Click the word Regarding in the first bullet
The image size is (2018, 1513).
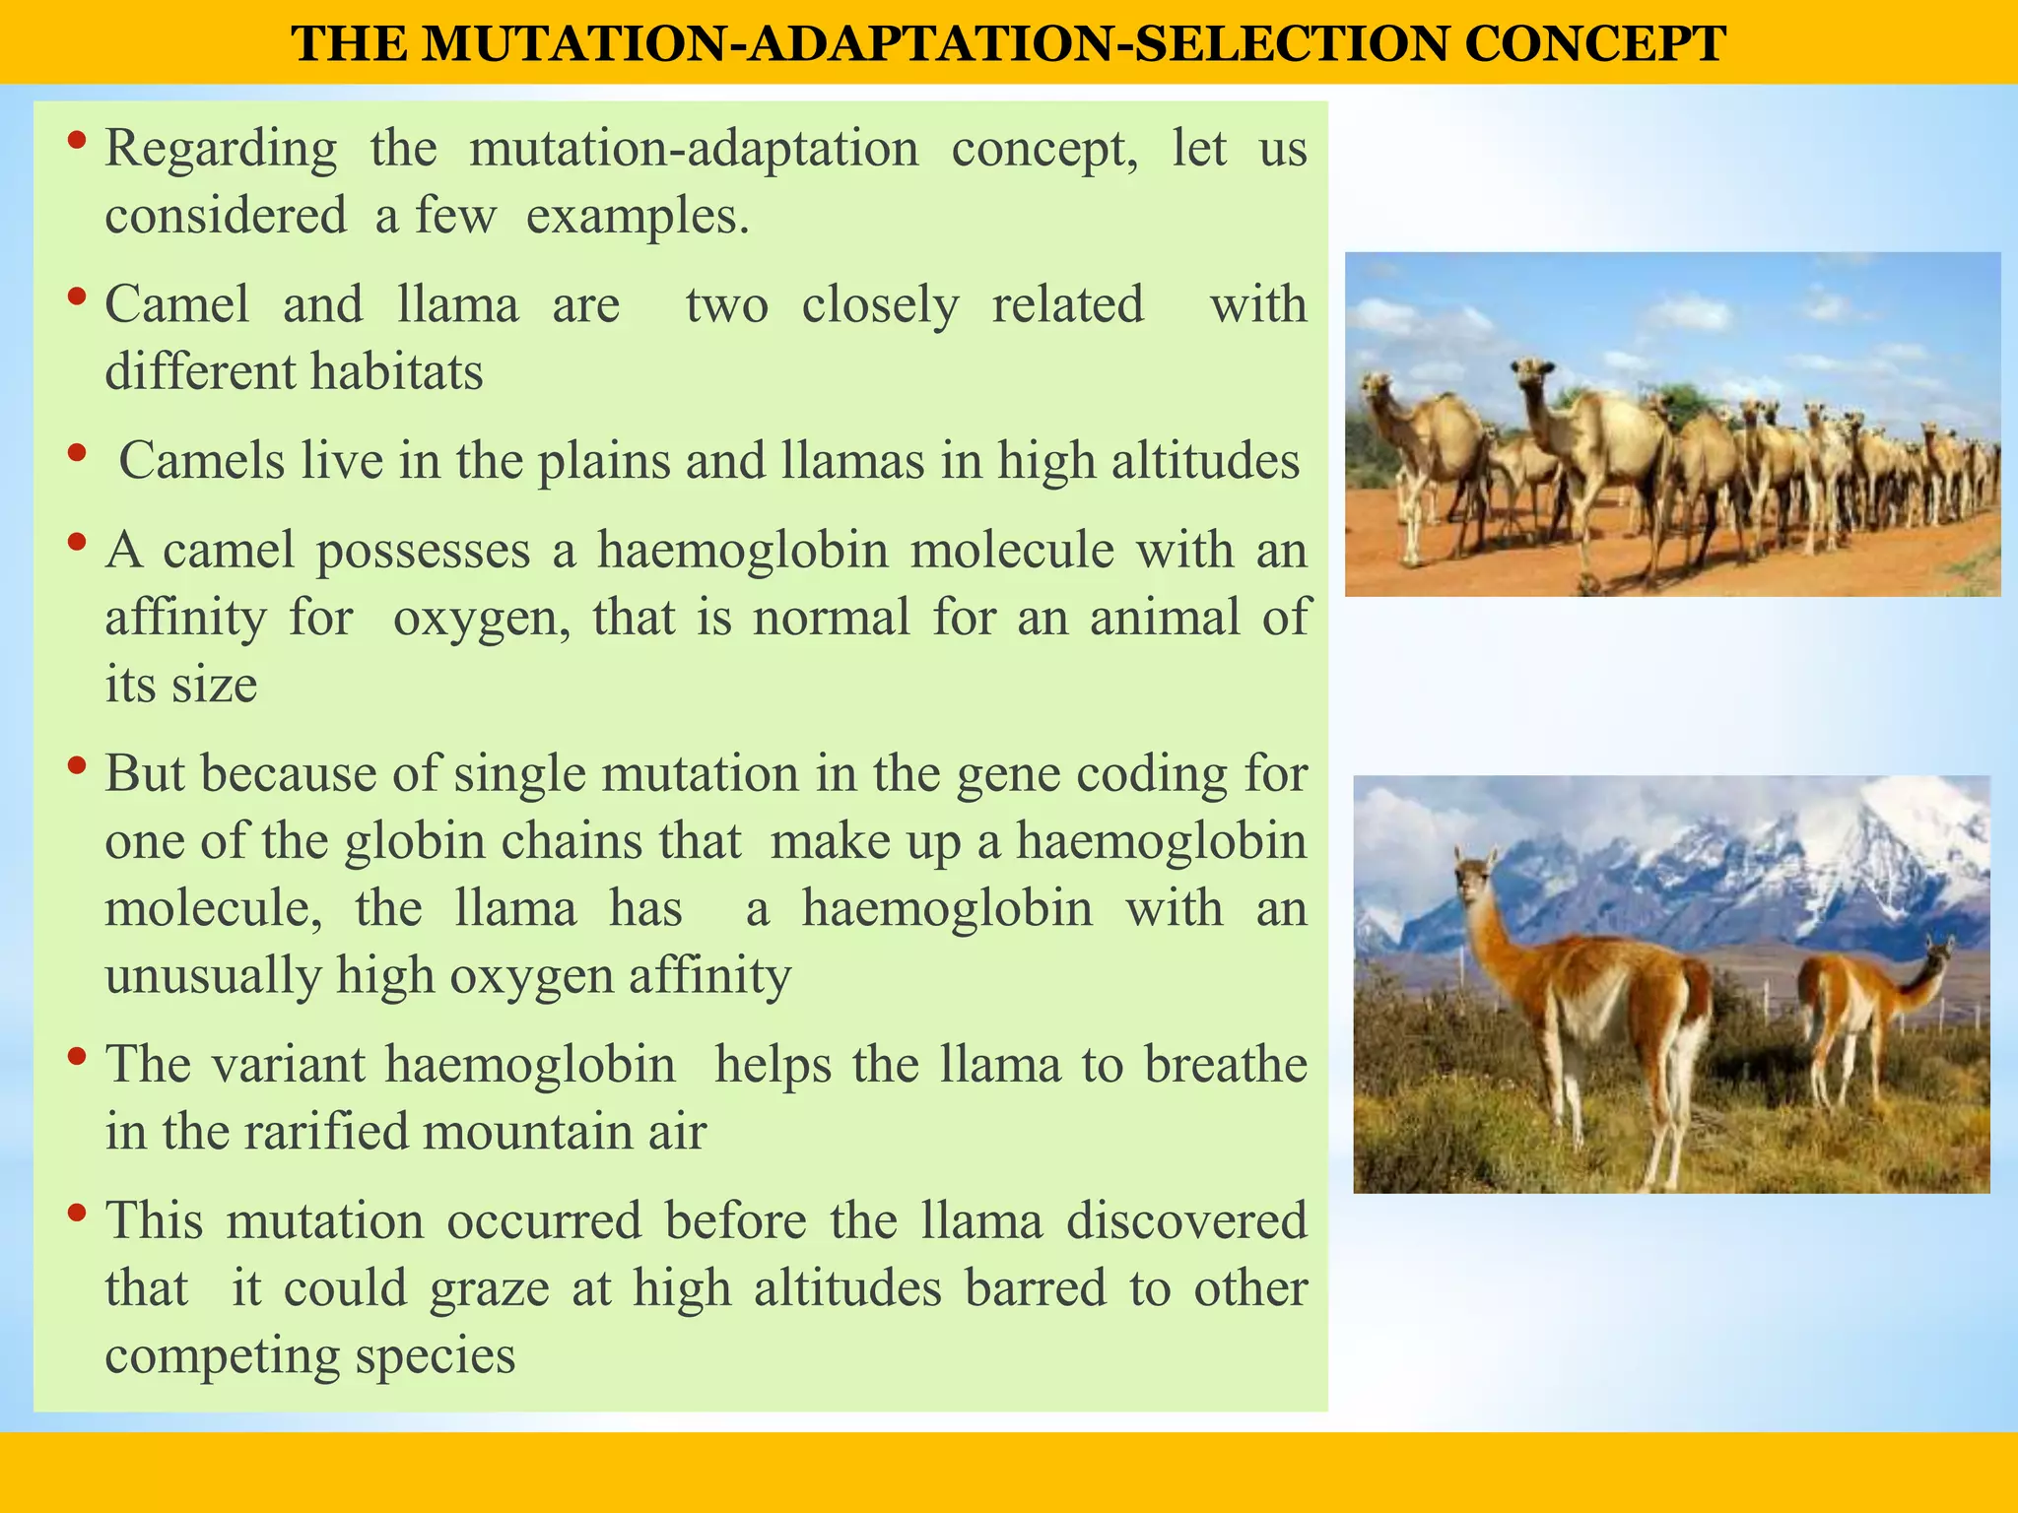tap(221, 150)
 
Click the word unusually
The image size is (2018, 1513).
tap(213, 976)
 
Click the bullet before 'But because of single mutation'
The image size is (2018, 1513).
tap(76, 766)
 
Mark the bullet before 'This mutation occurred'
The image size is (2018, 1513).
tap(76, 1214)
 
